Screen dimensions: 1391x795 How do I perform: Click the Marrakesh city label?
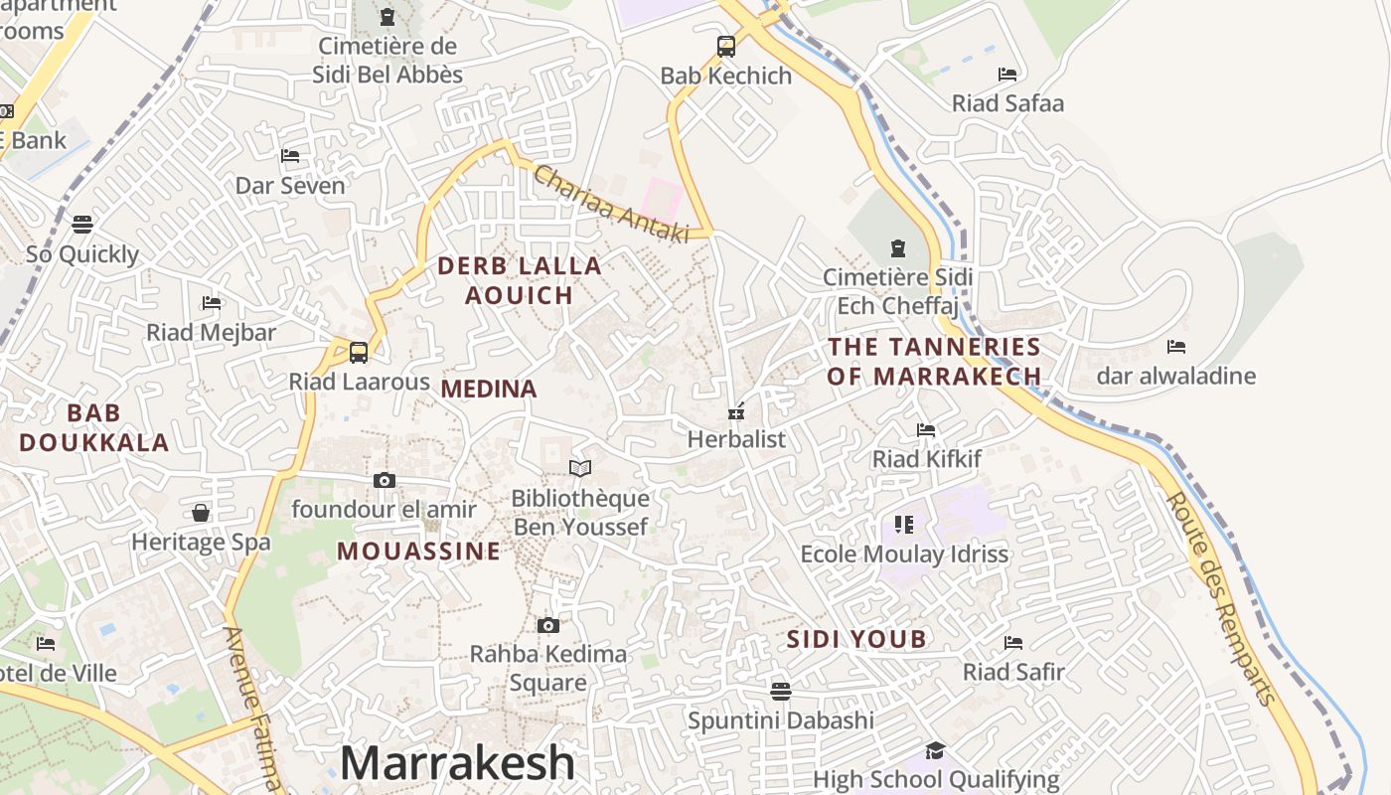pyautogui.click(x=458, y=763)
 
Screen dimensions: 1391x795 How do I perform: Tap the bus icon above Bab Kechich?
pyautogui.click(x=726, y=46)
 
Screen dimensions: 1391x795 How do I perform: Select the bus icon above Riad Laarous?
pyautogui.click(x=359, y=352)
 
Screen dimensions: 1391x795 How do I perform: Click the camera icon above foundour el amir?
pyautogui.click(x=385, y=481)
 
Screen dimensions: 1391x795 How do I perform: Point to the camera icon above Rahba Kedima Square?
pyautogui.click(x=547, y=625)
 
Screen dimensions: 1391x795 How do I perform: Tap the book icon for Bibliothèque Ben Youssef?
pyautogui.click(x=580, y=468)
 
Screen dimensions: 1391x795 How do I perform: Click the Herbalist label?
pyautogui.click(x=736, y=439)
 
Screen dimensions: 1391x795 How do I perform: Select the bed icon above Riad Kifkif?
pyautogui.click(x=926, y=430)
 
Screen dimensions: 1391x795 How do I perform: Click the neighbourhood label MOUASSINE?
pyautogui.click(x=418, y=552)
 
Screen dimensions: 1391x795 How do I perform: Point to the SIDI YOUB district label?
pyautogui.click(x=856, y=639)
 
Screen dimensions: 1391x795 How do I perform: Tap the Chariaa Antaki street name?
pyautogui.click(x=611, y=204)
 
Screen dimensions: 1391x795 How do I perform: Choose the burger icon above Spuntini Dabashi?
pyautogui.click(x=781, y=690)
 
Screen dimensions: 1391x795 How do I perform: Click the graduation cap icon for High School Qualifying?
pyautogui.click(x=935, y=750)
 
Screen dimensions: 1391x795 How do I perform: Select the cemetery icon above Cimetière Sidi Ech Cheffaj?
pyautogui.click(x=898, y=247)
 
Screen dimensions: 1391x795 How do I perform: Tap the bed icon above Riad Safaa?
pyautogui.click(x=1007, y=75)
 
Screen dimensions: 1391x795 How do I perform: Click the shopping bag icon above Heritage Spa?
pyautogui.click(x=201, y=513)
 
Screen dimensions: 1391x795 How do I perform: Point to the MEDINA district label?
pyautogui.click(x=489, y=389)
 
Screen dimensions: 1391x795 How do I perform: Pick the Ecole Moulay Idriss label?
pyautogui.click(x=904, y=555)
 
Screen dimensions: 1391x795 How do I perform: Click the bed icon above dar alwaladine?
pyautogui.click(x=1176, y=347)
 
